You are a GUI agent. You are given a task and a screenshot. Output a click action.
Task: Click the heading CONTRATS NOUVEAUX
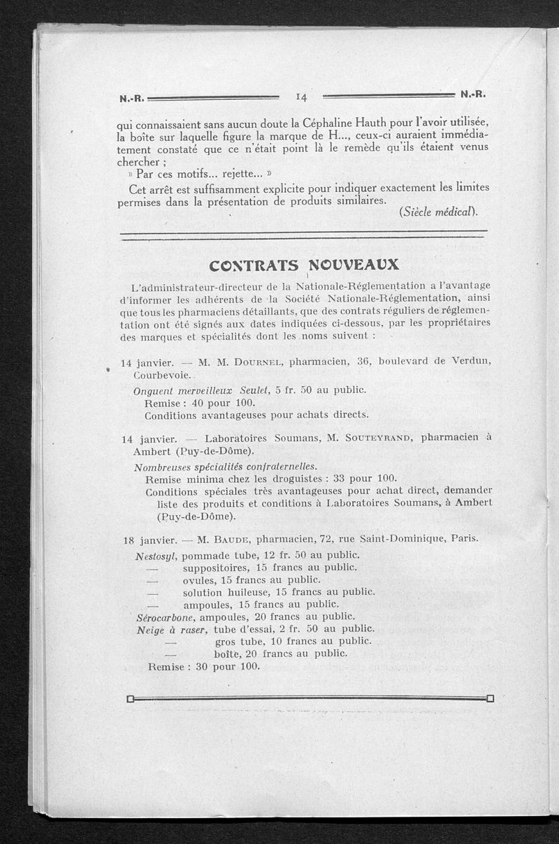tap(304, 265)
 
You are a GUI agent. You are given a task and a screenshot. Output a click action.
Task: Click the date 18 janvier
tap(148, 540)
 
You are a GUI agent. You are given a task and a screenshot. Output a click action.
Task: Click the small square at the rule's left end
tap(130, 698)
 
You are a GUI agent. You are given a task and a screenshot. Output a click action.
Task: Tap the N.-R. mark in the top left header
tap(131, 98)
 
